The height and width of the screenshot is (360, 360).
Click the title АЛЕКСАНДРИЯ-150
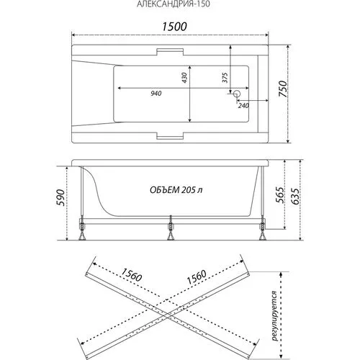click(174, 4)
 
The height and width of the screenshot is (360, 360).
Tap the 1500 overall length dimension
click(174, 27)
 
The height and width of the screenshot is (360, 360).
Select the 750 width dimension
click(283, 89)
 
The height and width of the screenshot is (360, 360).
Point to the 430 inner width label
click(184, 78)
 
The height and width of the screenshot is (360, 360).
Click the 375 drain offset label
click(225, 78)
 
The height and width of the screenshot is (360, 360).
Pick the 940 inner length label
click(156, 94)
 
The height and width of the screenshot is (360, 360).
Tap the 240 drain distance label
click(243, 106)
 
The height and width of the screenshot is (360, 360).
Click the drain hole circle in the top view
click(237, 94)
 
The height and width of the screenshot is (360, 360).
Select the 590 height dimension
click(60, 197)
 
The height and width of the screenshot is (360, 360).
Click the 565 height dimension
click(279, 194)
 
